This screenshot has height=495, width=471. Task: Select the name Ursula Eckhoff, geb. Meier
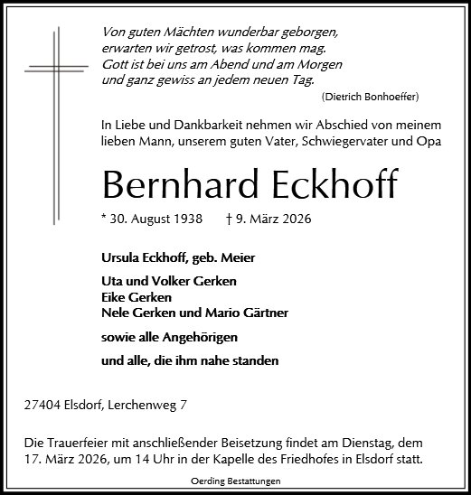[179, 258]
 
